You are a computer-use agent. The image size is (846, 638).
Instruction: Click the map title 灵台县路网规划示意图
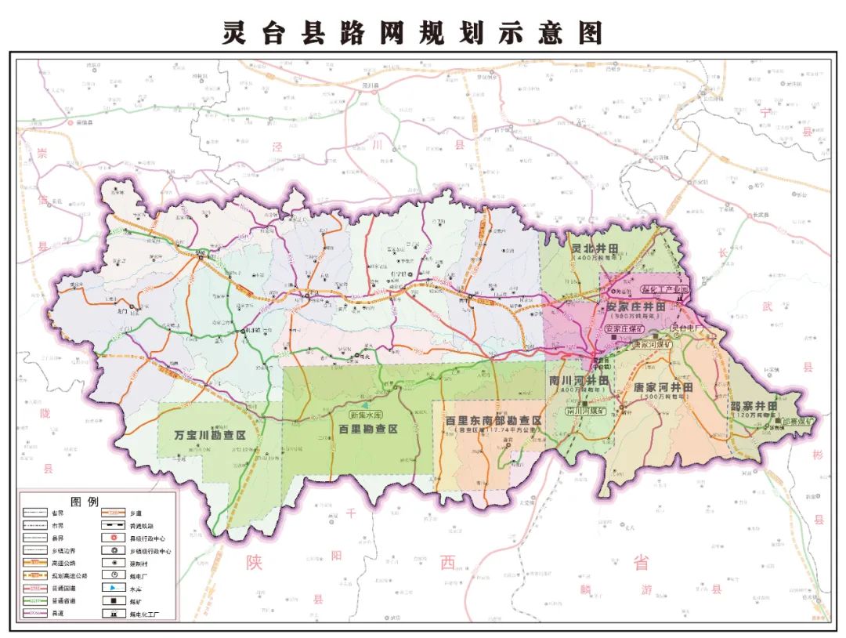pyautogui.click(x=413, y=32)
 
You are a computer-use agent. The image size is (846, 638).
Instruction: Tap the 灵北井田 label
pyautogui.click(x=595, y=248)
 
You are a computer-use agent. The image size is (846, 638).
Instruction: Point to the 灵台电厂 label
pyautogui.click(x=689, y=328)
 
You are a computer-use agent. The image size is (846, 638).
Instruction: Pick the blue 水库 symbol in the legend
pyautogui.click(x=114, y=588)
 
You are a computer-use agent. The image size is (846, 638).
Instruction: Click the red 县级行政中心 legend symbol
pyautogui.click(x=114, y=538)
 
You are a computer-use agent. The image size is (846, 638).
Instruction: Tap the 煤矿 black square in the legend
pyautogui.click(x=114, y=600)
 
